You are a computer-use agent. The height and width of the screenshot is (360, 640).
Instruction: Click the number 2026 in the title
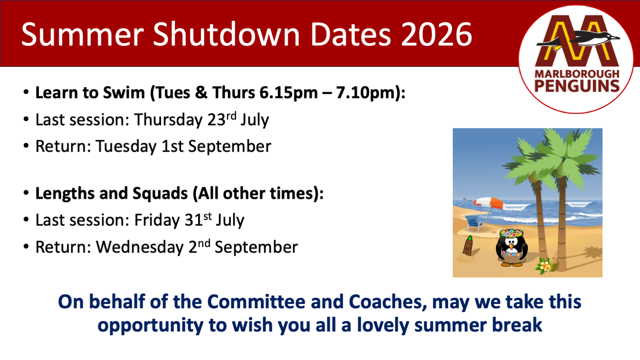pos(437,35)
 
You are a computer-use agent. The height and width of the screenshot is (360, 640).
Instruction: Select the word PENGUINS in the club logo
pos(576,86)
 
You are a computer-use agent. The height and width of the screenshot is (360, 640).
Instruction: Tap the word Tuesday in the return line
pos(126,147)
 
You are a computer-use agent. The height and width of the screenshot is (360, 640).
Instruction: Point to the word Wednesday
pos(140,247)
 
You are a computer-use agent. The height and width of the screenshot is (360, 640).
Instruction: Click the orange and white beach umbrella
pos(489,203)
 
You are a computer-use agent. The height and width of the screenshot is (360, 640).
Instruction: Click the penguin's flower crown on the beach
pos(511,233)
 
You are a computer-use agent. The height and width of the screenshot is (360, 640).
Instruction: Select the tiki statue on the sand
pos(468,245)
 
